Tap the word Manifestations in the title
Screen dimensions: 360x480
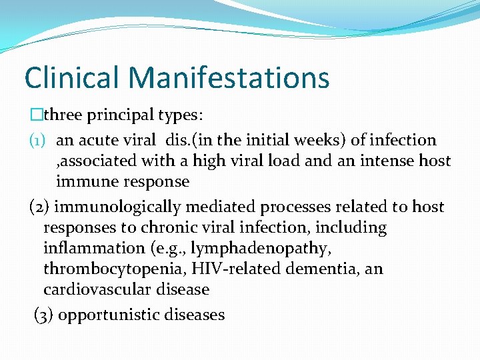(230, 77)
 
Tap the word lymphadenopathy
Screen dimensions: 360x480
(251, 249)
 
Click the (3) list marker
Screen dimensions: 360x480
(45, 315)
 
